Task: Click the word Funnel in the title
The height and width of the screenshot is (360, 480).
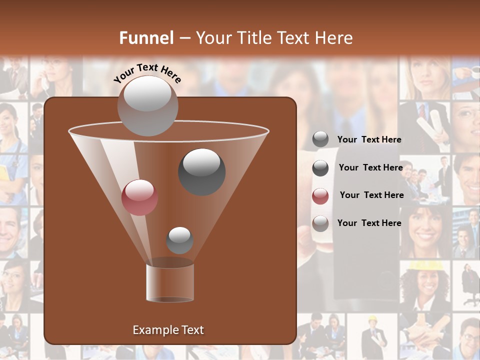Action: point(146,38)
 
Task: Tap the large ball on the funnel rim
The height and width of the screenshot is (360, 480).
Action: point(147,105)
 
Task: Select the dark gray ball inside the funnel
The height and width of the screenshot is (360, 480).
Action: point(202,171)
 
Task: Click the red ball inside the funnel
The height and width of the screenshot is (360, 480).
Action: point(139,197)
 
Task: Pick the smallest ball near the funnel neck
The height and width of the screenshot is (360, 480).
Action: point(179,240)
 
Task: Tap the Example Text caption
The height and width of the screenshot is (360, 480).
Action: point(168,330)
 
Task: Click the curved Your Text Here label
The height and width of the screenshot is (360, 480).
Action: point(147,73)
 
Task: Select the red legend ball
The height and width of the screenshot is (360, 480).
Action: point(320,196)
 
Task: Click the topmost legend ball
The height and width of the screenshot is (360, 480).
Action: point(320,139)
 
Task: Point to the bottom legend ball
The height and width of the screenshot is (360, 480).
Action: point(320,223)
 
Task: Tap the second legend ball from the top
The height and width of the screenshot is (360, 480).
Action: point(320,168)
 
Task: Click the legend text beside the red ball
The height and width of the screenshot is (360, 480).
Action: point(371,195)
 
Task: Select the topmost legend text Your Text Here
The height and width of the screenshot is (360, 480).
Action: point(369,139)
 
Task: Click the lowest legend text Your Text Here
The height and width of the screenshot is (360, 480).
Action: point(369,223)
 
